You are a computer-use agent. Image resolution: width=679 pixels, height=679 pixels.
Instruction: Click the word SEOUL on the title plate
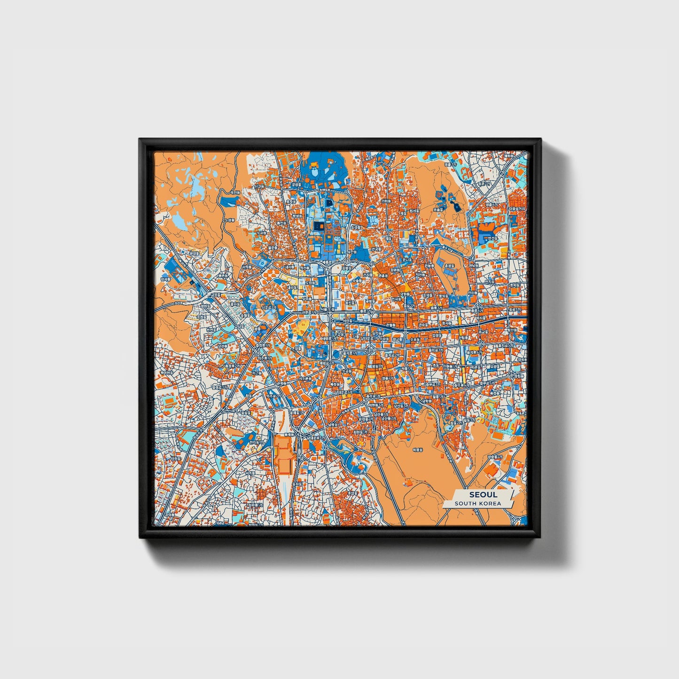tap(483, 494)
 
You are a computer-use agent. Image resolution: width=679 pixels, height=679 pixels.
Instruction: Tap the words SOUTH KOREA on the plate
tap(478, 503)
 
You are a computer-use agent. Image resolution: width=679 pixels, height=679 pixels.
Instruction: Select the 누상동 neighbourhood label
tap(229, 219)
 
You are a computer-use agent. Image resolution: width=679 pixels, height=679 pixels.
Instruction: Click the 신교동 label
tap(259, 187)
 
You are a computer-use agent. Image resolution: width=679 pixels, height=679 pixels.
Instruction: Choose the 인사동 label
tap(398, 298)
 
